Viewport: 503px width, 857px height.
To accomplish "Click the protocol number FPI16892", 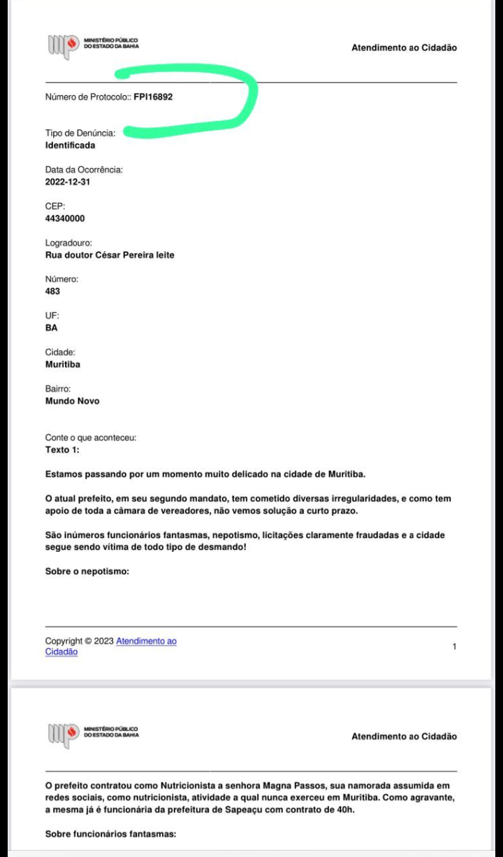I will point(153,97).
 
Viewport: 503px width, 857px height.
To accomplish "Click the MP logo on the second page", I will point(62,736).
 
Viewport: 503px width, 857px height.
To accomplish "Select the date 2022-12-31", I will point(68,182).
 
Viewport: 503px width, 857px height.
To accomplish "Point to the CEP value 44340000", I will point(65,218).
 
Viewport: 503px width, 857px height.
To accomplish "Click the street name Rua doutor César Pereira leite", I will point(110,255).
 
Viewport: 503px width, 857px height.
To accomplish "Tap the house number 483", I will point(52,291).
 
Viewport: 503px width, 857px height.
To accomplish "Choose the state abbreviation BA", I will point(51,327).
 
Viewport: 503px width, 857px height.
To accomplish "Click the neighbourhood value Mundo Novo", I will point(72,402).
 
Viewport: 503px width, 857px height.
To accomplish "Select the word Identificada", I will point(70,146).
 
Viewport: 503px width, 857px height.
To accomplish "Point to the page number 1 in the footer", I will point(454,646).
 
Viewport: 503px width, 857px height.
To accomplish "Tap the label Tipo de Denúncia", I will point(80,134).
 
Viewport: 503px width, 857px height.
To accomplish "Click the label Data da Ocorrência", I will point(84,170).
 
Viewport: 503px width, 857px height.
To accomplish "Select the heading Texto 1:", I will point(62,450).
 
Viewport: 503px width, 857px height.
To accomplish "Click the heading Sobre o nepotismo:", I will point(87,572).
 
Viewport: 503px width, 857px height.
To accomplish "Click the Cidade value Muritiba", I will point(62,364).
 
